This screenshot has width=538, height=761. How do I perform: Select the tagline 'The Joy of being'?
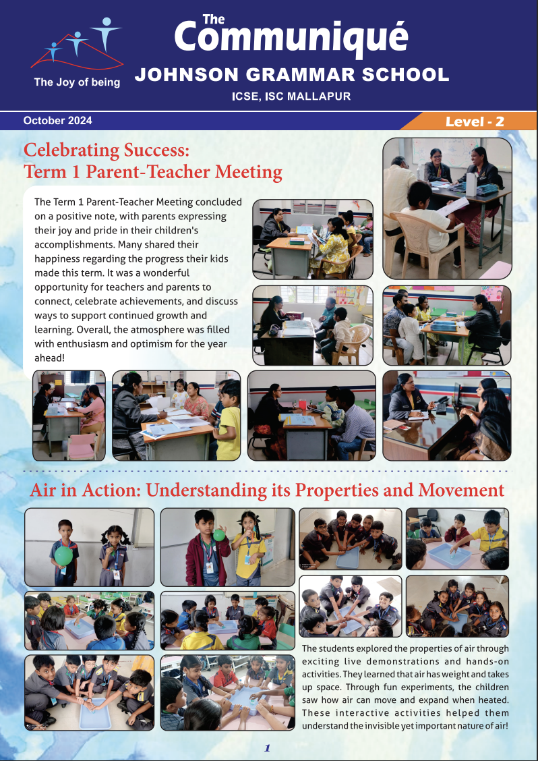click(x=77, y=82)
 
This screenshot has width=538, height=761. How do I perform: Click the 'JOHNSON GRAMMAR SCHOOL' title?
click(x=291, y=74)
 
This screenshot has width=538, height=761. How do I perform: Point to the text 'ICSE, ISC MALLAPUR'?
click(x=291, y=96)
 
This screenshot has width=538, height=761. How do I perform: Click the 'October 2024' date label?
click(x=57, y=121)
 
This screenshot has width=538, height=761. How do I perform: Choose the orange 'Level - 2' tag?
click(x=475, y=121)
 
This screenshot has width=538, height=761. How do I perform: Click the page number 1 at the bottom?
click(x=268, y=748)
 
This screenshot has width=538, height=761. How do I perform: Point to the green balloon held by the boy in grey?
click(x=63, y=555)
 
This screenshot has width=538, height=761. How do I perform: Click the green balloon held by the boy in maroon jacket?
click(x=218, y=535)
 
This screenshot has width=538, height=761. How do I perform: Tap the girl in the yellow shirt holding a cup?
click(x=247, y=548)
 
